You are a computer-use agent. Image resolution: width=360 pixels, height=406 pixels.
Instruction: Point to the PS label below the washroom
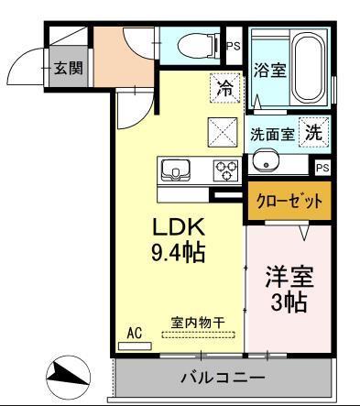point(321,169)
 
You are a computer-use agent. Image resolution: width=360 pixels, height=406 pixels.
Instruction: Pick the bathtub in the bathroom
point(307,70)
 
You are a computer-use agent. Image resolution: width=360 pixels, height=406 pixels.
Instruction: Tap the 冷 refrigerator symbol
point(223,88)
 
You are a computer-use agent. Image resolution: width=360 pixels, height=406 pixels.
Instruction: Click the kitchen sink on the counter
point(175,168)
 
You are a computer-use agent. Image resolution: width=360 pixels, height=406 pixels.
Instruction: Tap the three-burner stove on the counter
point(225,168)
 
